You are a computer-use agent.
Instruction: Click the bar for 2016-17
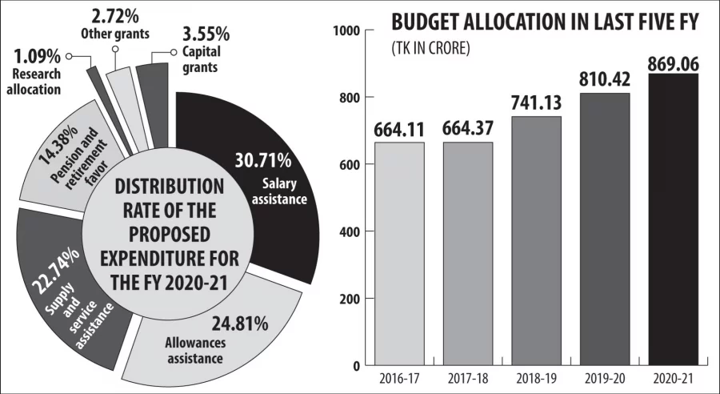tap(399, 253)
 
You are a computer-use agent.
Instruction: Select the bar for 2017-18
tap(468, 253)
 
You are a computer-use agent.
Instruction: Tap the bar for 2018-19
tap(537, 240)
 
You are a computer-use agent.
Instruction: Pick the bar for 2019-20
tap(606, 229)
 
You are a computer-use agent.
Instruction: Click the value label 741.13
tap(537, 103)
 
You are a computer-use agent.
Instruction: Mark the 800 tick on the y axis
tap(346, 98)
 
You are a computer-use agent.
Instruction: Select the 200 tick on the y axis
tap(346, 299)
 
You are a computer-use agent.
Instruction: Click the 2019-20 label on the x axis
tap(606, 378)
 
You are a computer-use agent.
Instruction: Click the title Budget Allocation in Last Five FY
tap(546, 22)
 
